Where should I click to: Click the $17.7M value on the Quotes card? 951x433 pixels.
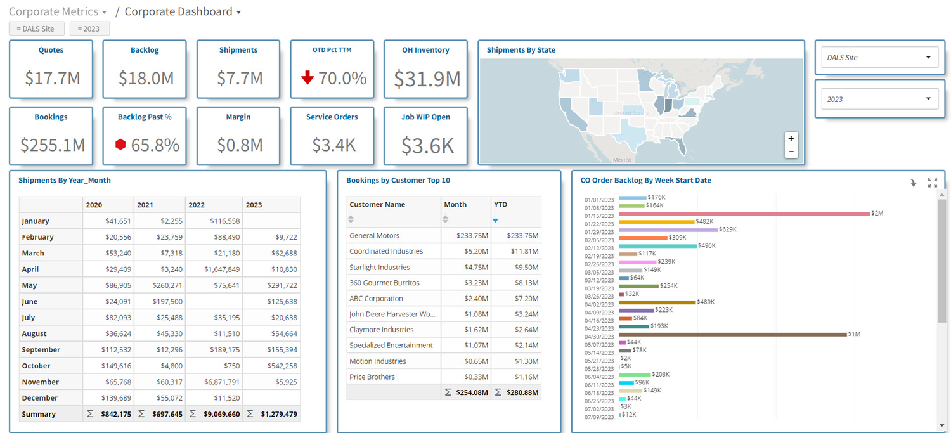(52, 78)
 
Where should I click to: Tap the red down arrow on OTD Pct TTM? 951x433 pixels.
(307, 78)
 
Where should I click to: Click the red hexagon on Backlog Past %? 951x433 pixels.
(120, 145)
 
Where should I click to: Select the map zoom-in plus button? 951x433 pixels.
(791, 138)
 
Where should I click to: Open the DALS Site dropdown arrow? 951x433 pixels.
(928, 57)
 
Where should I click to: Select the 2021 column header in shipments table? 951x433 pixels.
(145, 205)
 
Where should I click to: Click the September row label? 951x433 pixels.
(41, 349)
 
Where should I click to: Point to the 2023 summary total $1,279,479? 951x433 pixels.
(279, 414)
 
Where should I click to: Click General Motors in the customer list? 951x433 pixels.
(375, 236)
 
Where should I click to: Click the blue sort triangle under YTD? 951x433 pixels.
(495, 221)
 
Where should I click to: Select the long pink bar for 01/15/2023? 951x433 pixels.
(744, 214)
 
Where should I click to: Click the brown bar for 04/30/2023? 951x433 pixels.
(733, 335)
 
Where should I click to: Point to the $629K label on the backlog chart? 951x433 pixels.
(728, 229)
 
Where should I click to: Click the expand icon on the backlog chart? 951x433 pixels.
(933, 183)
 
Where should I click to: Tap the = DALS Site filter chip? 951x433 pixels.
(37, 29)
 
